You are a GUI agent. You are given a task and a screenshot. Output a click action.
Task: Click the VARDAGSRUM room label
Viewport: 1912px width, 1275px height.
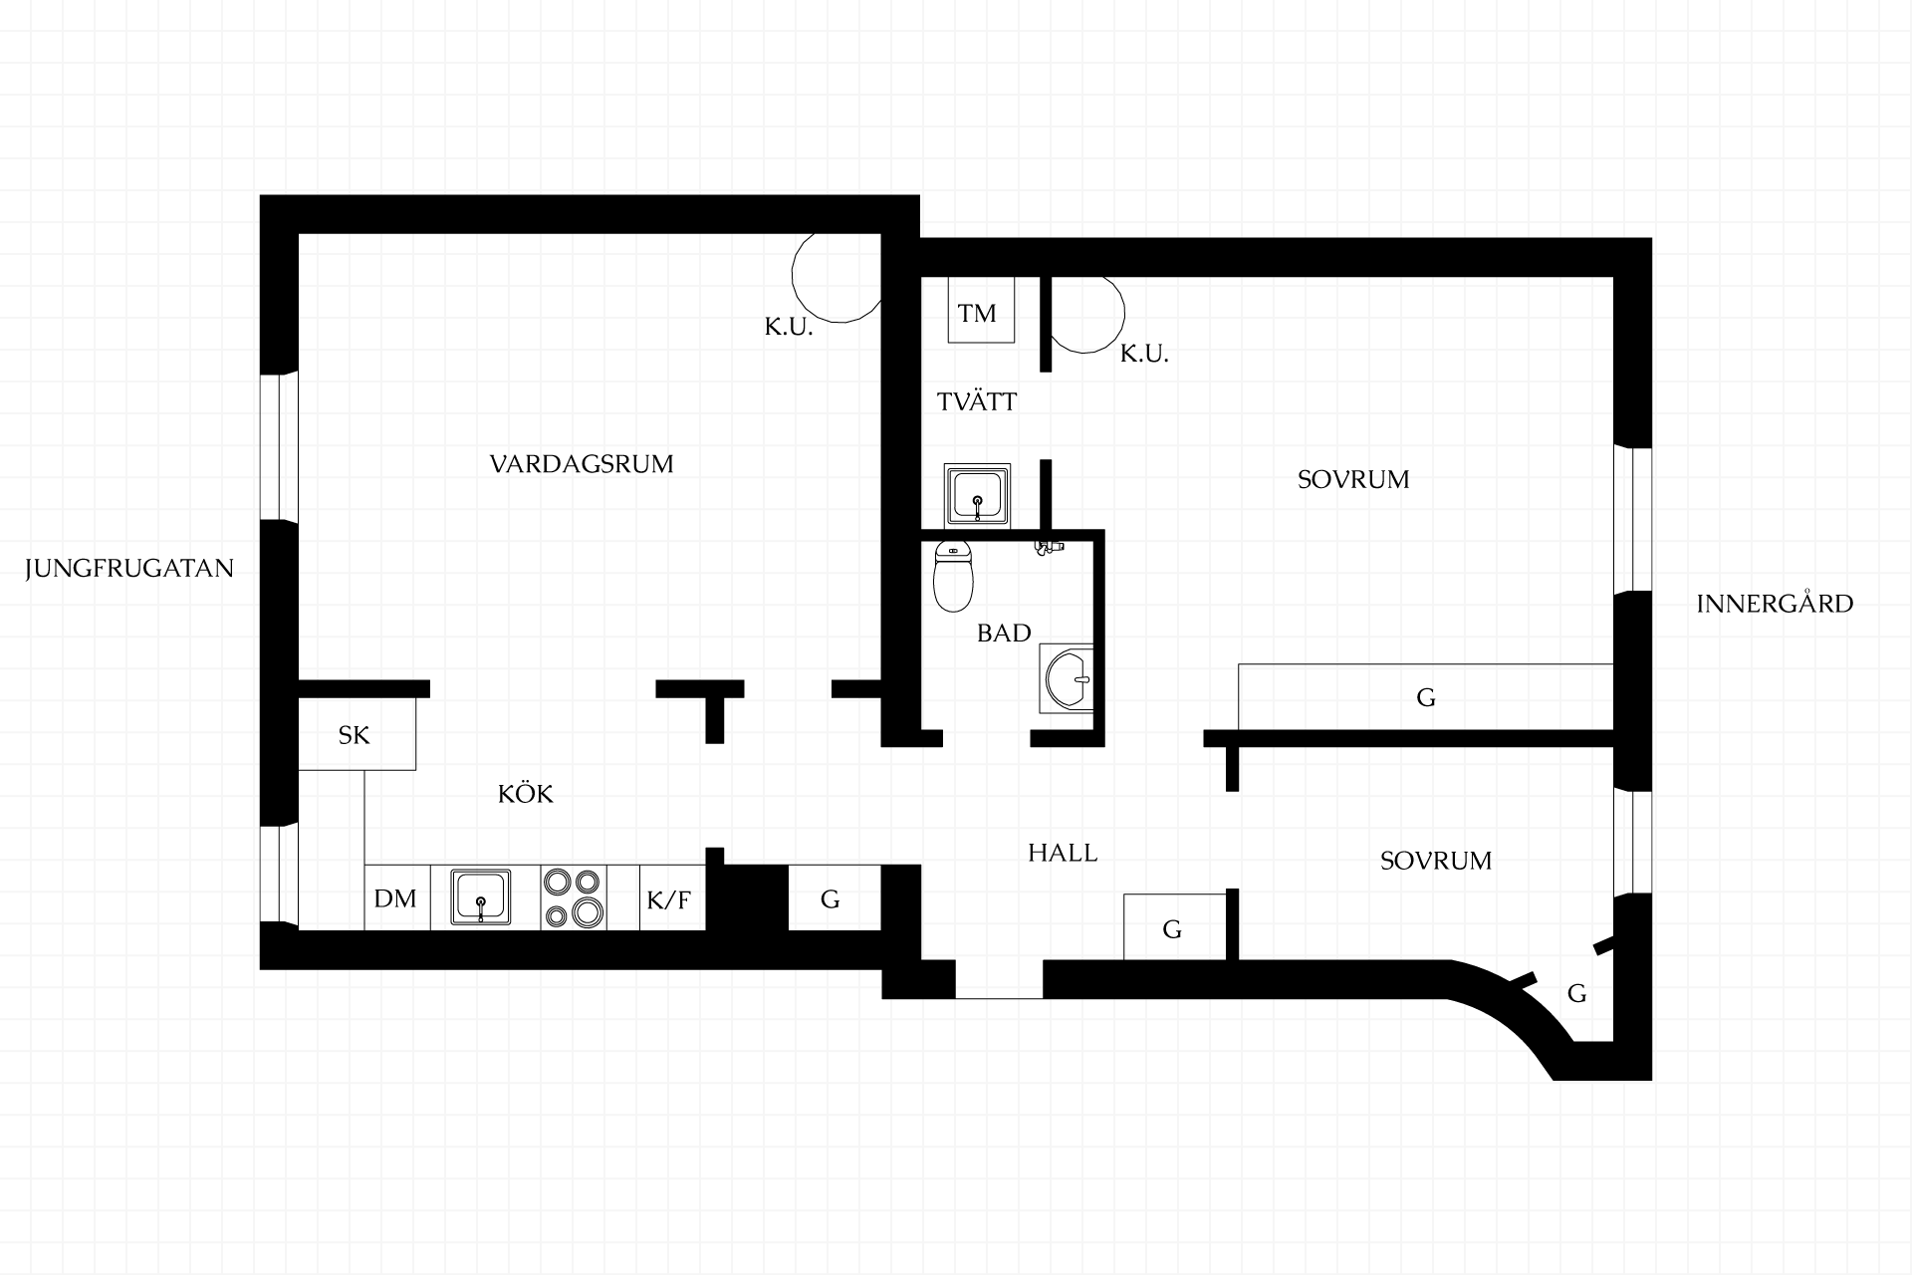tap(582, 464)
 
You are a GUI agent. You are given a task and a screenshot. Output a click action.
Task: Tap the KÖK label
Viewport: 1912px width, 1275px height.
tap(526, 794)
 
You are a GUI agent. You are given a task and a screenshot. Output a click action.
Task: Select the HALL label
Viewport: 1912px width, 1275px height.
tap(1063, 853)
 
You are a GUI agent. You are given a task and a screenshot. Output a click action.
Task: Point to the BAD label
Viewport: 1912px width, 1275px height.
tap(1004, 634)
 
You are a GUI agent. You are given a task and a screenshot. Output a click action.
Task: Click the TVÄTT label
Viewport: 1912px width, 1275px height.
tap(977, 401)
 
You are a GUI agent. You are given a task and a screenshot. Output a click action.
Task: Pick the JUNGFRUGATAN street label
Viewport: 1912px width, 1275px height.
tap(129, 569)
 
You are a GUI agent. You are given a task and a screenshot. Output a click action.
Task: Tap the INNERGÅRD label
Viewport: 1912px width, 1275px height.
tap(1775, 603)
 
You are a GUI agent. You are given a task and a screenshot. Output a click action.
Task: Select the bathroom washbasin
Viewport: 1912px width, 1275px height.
tap(1067, 678)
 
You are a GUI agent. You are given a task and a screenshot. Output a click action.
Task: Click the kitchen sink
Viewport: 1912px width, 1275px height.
tap(481, 897)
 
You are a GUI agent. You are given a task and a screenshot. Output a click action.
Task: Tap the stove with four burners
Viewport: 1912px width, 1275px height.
tap(574, 897)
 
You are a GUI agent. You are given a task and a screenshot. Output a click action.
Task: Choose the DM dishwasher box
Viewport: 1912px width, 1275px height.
tap(396, 897)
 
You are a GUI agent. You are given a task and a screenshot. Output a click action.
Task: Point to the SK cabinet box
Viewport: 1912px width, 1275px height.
tap(357, 733)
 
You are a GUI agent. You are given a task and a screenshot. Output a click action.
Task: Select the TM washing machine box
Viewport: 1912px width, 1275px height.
tap(981, 310)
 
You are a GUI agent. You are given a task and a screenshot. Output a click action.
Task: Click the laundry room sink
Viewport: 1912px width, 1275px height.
tap(977, 494)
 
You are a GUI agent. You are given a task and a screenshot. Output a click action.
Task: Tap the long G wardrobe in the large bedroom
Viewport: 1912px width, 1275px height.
tap(1425, 696)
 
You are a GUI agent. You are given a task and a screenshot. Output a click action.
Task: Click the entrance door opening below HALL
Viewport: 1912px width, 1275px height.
tap(999, 979)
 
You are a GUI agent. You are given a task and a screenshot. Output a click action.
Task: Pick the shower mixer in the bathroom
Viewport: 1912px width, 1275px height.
tap(1048, 547)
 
